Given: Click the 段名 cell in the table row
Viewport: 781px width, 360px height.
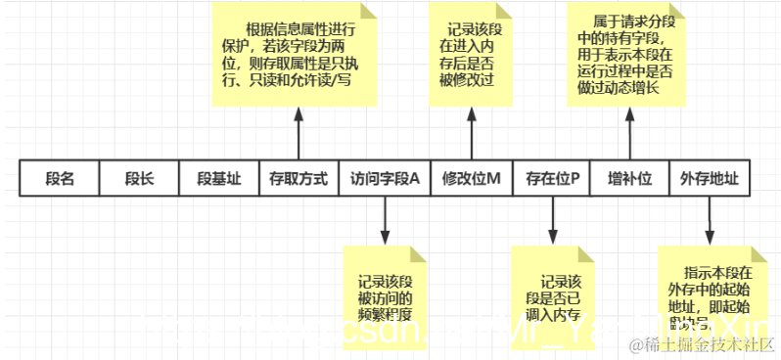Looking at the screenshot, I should pos(60,180).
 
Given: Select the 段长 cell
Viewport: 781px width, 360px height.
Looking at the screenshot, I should pos(139,180).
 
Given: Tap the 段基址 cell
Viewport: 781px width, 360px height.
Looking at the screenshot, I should pos(218,180).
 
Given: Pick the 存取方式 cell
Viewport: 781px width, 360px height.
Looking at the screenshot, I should pos(299,180).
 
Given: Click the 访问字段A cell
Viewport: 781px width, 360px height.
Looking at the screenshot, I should pos(385,180).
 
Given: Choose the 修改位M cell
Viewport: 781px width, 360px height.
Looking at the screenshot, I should pos(472,180).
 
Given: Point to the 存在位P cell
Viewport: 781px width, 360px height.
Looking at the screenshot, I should pos(553,180).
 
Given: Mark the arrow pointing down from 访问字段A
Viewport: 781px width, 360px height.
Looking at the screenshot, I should pos(385,221).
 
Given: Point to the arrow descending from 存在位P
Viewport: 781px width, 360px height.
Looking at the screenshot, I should pos(553,221).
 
